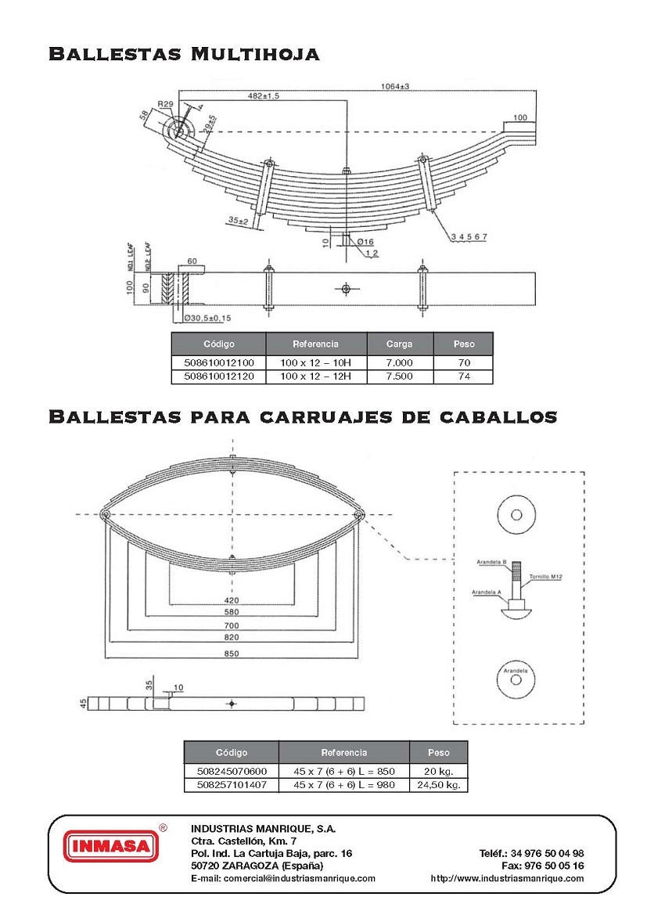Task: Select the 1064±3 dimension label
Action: click(x=397, y=86)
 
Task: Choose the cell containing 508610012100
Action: click(x=218, y=363)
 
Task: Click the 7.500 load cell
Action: click(x=400, y=376)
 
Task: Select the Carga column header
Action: click(x=400, y=344)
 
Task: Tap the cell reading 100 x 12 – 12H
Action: click(x=316, y=376)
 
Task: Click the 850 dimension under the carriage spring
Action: click(x=232, y=654)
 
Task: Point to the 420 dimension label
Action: click(x=232, y=600)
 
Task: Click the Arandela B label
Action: click(x=493, y=563)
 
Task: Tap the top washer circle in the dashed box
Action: click(x=516, y=514)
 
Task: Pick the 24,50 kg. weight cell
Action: click(x=438, y=784)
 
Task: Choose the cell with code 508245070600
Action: click(x=231, y=771)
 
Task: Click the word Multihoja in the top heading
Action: click(x=255, y=54)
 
